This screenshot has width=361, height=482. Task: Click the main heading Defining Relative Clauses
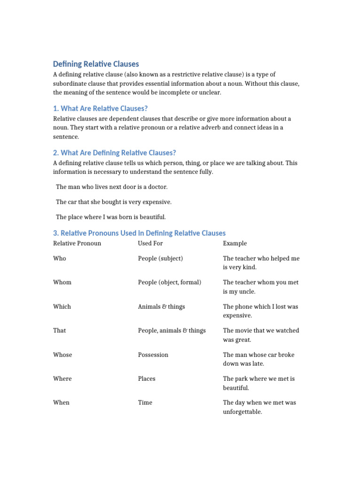[x=96, y=64]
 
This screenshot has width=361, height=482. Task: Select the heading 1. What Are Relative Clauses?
[x=100, y=108]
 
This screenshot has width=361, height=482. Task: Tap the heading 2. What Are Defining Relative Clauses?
[x=114, y=153]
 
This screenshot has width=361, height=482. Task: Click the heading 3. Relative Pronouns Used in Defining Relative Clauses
[x=139, y=233]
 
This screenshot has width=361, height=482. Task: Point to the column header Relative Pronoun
[x=77, y=243]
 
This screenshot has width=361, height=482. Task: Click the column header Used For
[x=150, y=243]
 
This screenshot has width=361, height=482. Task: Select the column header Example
[x=235, y=243]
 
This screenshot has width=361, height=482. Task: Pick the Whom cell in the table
[x=62, y=282]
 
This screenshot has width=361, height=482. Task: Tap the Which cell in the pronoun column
[x=62, y=306]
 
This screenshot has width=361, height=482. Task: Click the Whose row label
[x=63, y=355]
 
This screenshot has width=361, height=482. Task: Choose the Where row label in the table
[x=63, y=379]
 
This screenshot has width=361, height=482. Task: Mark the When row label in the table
[x=61, y=403]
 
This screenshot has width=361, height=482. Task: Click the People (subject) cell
[x=160, y=258]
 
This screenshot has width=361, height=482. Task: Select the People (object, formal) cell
[x=169, y=282]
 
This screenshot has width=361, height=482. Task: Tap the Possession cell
[x=153, y=355]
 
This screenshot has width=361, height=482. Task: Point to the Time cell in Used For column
[x=145, y=403]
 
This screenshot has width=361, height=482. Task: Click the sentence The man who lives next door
[x=111, y=187]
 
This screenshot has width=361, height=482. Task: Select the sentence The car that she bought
[x=114, y=202]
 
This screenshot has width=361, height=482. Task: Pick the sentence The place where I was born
[x=110, y=217]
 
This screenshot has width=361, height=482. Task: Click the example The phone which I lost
[x=260, y=311]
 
